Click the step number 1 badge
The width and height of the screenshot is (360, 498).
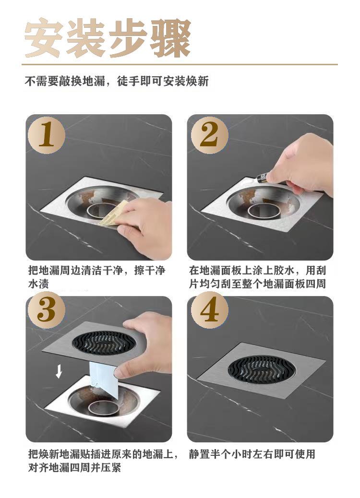coord(47,135)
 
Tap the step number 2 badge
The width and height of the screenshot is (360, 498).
coord(209,135)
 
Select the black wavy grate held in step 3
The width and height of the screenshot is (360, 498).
coord(105,343)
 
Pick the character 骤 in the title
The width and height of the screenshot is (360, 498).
coord(171,38)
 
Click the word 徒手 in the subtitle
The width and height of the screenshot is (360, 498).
coord(129,81)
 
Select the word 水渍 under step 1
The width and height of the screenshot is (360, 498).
coord(38,284)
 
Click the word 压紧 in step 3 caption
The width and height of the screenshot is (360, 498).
coord(110,467)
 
